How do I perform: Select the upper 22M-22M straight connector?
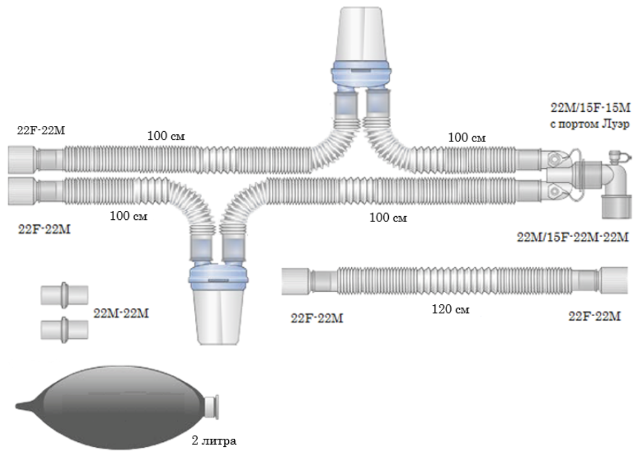click(x=64, y=295)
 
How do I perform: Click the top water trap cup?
click(x=360, y=35)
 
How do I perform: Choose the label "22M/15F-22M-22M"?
click(x=572, y=237)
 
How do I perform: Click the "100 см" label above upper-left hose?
click(x=166, y=136)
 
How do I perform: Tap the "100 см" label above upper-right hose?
click(x=467, y=137)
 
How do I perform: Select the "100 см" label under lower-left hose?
click(x=128, y=217)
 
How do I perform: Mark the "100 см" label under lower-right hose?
click(x=388, y=218)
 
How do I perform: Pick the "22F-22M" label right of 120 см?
click(x=595, y=317)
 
